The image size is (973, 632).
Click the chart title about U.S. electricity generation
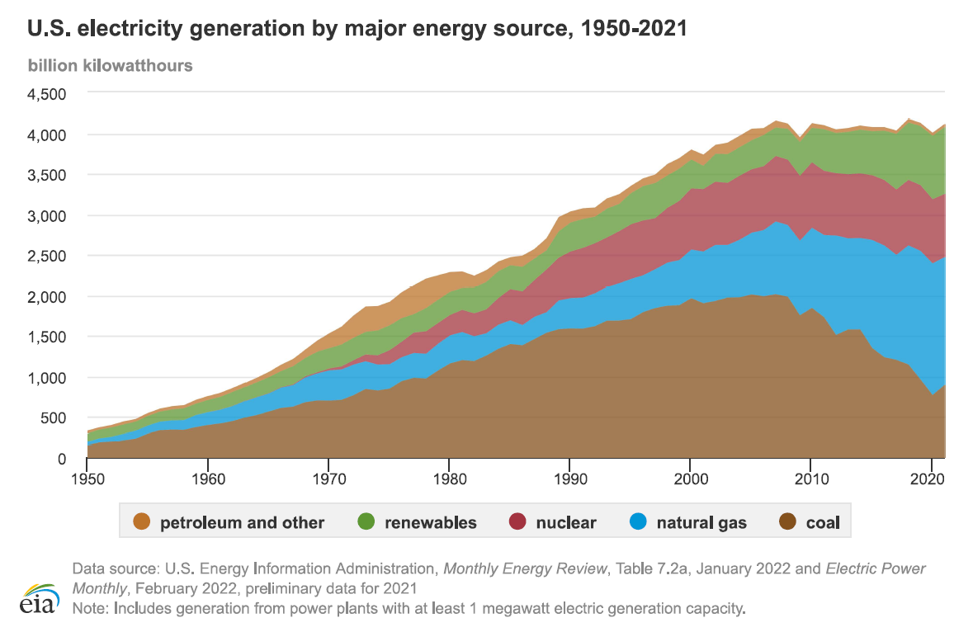pyautogui.click(x=357, y=29)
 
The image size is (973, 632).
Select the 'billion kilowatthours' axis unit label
pyautogui.click(x=110, y=65)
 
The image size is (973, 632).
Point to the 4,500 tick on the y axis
pyautogui.click(x=48, y=94)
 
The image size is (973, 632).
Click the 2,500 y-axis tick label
pyautogui.click(x=48, y=256)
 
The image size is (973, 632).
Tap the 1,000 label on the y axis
pyautogui.click(x=48, y=377)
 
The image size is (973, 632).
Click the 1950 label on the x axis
pyautogui.click(x=87, y=479)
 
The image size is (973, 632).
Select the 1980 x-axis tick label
pyautogui.click(x=448, y=479)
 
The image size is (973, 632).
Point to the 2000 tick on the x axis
pyautogui.click(x=689, y=479)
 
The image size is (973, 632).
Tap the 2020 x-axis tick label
pyautogui.click(x=930, y=479)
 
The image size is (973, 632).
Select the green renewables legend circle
pyautogui.click(x=367, y=522)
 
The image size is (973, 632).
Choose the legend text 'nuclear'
pyautogui.click(x=565, y=522)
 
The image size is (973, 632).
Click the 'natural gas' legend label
pyautogui.click(x=701, y=522)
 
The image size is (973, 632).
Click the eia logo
pyautogui.click(x=40, y=598)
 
